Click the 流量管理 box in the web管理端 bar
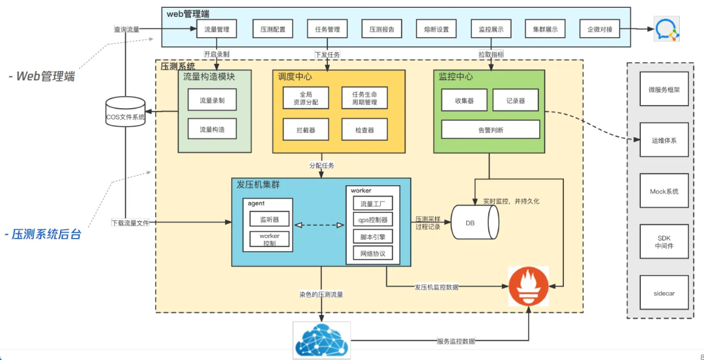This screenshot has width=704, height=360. [216, 29]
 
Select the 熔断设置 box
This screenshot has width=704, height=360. [436, 29]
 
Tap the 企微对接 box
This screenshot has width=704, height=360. [599, 29]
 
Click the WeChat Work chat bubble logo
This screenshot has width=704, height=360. [667, 30]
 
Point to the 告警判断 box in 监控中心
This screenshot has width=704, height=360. [490, 130]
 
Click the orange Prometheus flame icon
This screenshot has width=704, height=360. [529, 286]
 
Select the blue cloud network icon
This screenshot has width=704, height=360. [321, 339]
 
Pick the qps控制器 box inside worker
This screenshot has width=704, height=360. [373, 220]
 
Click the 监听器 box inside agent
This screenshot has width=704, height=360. [269, 220]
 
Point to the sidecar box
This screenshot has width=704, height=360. [664, 293]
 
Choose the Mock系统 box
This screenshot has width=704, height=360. [664, 192]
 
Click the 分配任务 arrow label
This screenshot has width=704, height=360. [321, 166]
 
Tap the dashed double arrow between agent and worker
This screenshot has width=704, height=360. [319, 226]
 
